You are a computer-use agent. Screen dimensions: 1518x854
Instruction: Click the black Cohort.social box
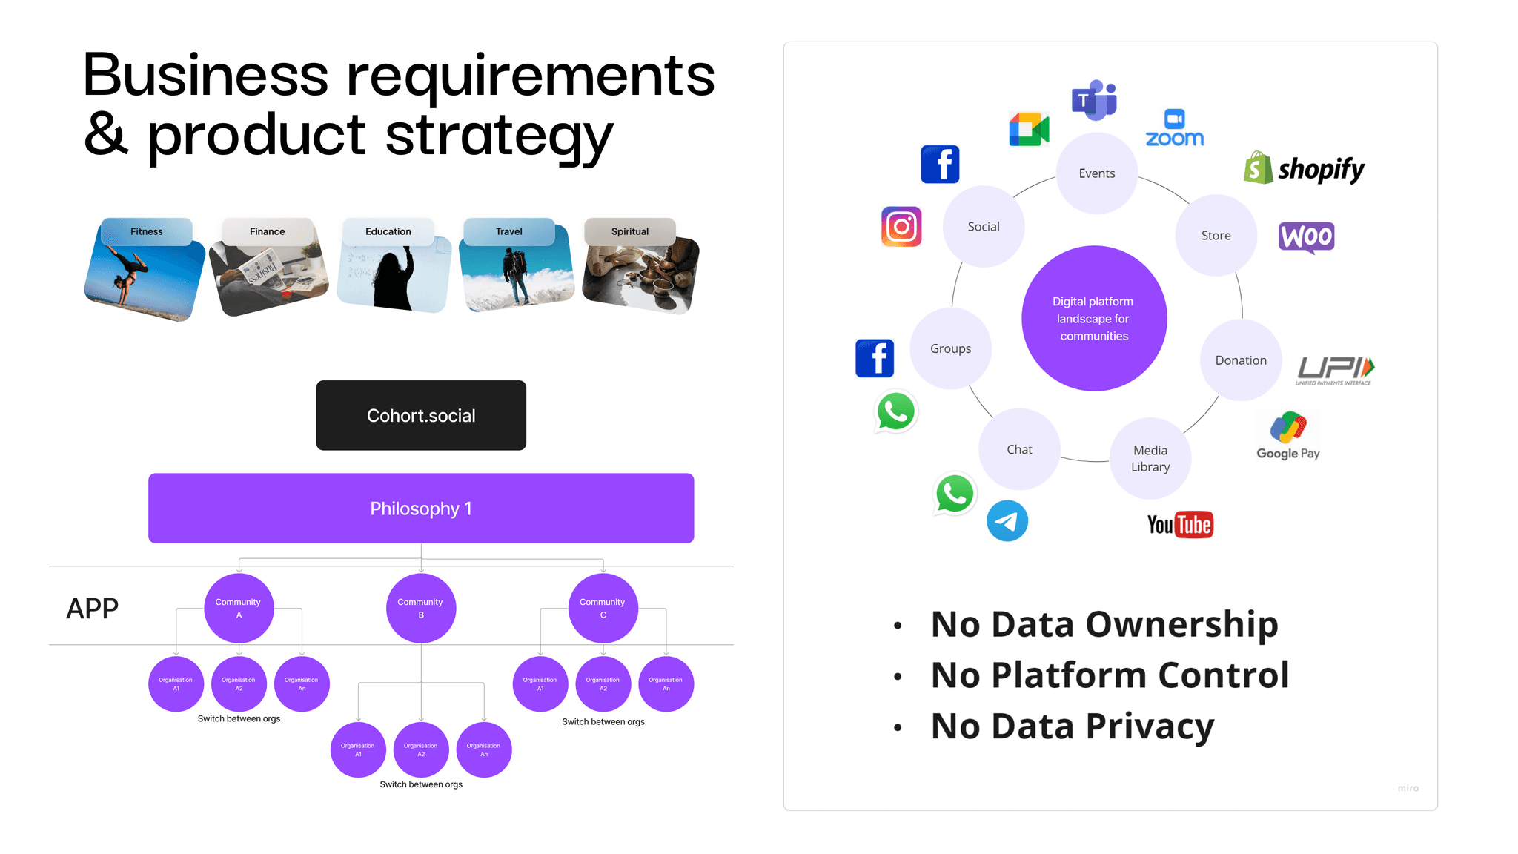click(x=421, y=415)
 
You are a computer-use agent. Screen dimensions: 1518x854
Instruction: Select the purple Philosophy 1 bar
click(x=421, y=509)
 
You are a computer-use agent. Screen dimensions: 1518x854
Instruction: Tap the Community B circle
click(x=421, y=608)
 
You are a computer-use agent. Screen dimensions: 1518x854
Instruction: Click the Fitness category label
click(x=146, y=231)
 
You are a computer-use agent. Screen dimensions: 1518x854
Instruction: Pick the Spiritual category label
click(x=630, y=231)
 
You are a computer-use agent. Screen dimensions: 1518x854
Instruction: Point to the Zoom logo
click(x=1175, y=129)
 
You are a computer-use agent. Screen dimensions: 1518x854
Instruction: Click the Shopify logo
click(x=1305, y=169)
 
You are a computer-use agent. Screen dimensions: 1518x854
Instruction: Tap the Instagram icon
click(x=901, y=227)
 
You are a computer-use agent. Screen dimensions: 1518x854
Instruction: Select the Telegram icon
click(x=1007, y=520)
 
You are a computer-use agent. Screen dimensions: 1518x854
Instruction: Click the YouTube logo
click(x=1180, y=525)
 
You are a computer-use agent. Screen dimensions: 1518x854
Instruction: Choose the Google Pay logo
click(x=1288, y=436)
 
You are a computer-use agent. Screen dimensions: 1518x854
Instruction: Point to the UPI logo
click(x=1335, y=369)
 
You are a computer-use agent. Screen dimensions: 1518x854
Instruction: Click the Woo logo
click(x=1306, y=237)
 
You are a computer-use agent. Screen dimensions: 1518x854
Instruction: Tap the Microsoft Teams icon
click(x=1094, y=99)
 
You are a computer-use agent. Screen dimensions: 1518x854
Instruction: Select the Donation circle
click(x=1241, y=360)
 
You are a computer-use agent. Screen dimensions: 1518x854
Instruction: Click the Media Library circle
click(x=1150, y=458)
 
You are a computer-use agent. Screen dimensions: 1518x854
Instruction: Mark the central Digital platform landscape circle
click(x=1094, y=319)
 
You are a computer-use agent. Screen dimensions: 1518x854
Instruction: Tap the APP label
click(x=93, y=609)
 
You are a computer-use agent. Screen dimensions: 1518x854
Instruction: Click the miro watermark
click(x=1408, y=788)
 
